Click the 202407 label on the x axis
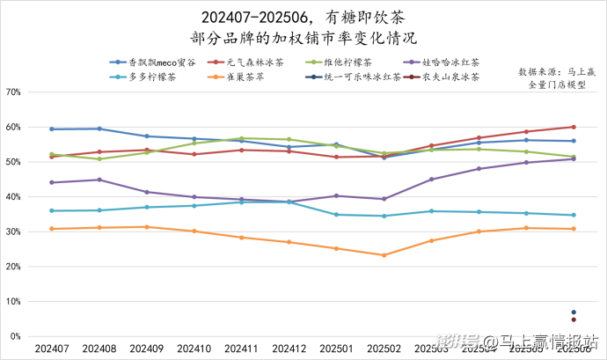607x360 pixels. [52, 349]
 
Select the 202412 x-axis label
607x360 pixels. [289, 349]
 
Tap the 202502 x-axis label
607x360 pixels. [384, 349]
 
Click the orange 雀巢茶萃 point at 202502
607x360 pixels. [384, 255]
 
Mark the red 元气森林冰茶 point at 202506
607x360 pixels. [574, 127]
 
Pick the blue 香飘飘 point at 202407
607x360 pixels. [52, 129]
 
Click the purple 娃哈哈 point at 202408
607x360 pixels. [99, 180]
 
